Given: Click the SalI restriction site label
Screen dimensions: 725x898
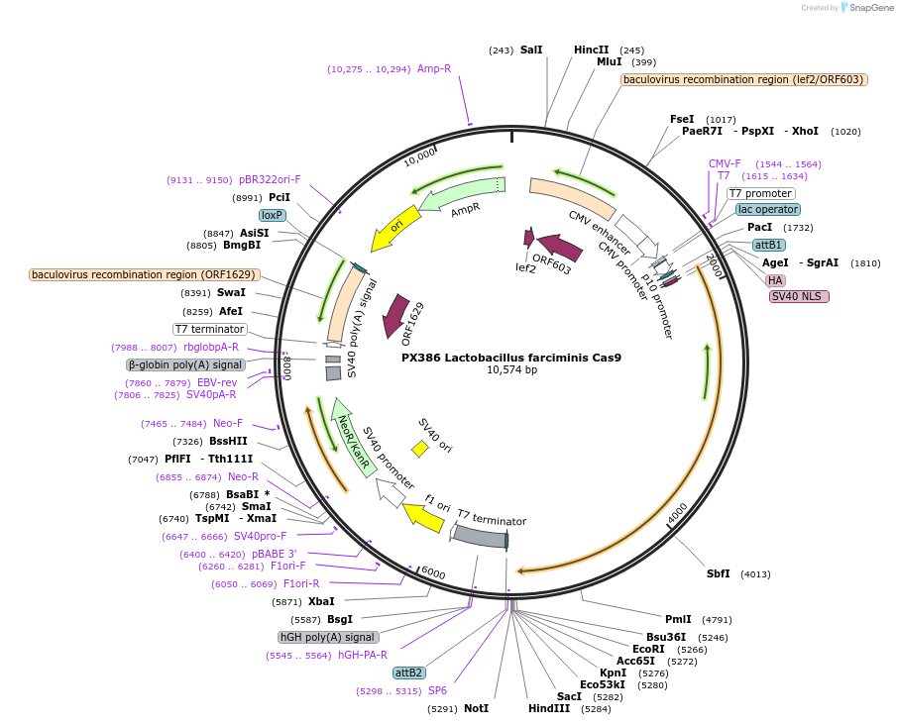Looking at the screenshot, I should (x=531, y=50).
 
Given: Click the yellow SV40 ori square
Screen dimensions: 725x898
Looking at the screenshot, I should (x=420, y=449).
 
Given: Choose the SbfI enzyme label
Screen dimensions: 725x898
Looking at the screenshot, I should (x=718, y=573).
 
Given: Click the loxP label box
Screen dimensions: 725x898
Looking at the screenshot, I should (x=273, y=215).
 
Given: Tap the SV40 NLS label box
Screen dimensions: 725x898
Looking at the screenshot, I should (x=799, y=296).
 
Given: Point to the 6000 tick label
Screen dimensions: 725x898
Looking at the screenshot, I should (x=433, y=571).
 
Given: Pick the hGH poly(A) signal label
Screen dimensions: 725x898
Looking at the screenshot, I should (x=327, y=637).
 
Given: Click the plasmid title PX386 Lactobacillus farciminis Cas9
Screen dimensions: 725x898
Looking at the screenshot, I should (x=511, y=358).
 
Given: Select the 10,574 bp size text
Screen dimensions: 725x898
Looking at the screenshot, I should (x=511, y=370).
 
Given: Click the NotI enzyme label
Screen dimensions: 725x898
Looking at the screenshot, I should (x=476, y=708).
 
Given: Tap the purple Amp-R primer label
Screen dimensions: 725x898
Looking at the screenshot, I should (x=434, y=68).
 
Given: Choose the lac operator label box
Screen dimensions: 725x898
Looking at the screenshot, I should (x=768, y=209).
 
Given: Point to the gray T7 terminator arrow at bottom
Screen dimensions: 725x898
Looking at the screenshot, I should (x=480, y=537).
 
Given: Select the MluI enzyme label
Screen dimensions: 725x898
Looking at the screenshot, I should (x=609, y=61).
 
